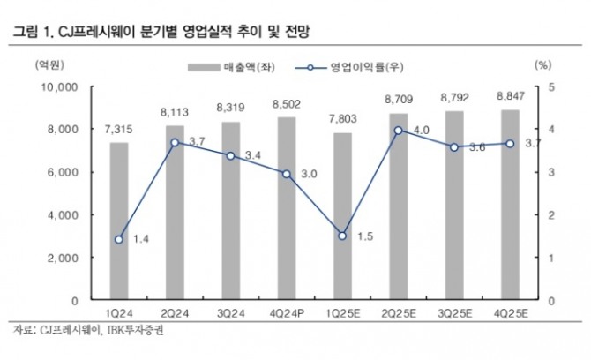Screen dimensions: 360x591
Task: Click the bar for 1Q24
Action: click(118, 221)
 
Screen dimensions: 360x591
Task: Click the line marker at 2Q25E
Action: click(398, 131)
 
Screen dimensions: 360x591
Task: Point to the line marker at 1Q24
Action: click(118, 239)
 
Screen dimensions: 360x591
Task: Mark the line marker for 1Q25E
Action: click(341, 236)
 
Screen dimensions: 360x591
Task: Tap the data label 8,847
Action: click(510, 95)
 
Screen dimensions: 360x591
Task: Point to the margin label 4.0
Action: click(420, 131)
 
